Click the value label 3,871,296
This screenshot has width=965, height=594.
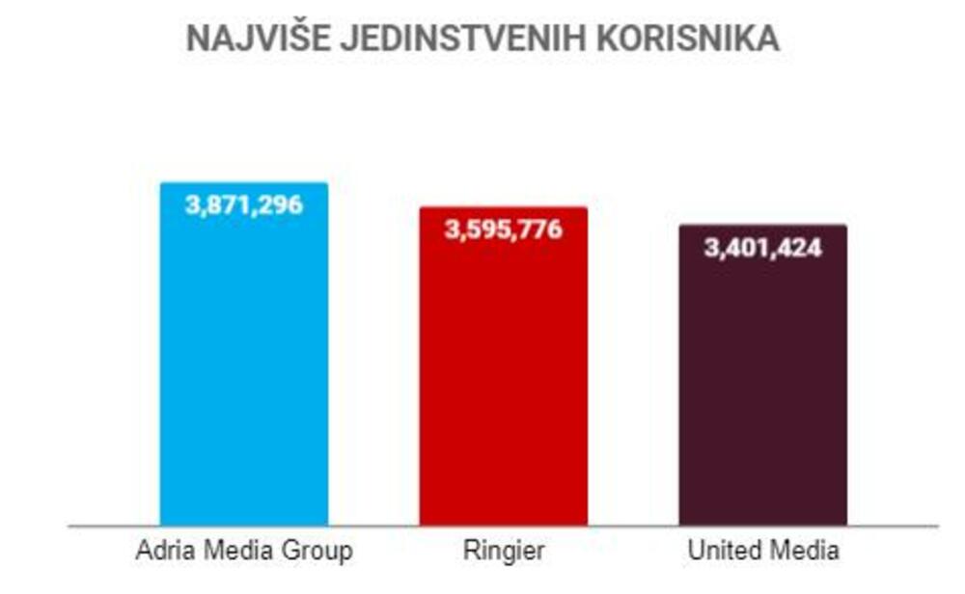(x=243, y=204)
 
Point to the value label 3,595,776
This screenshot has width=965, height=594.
(x=503, y=229)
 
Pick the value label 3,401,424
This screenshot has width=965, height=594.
(x=762, y=248)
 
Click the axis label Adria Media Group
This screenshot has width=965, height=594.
(x=243, y=552)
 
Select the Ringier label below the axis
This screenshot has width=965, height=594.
(x=503, y=552)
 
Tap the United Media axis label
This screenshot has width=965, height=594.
(x=762, y=552)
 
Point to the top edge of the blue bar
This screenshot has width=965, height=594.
(x=243, y=183)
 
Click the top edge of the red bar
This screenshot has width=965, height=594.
(x=503, y=207)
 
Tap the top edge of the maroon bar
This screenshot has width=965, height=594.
(x=762, y=226)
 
